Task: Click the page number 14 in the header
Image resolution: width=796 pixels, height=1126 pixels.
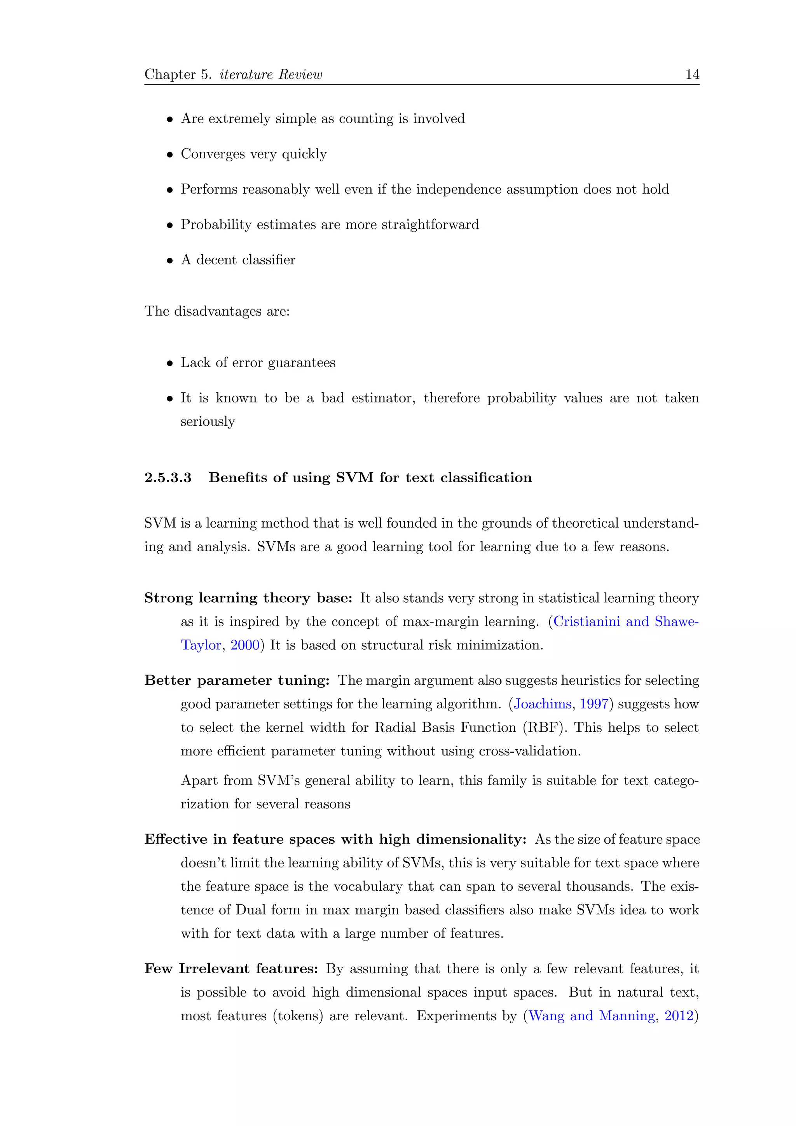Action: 692,75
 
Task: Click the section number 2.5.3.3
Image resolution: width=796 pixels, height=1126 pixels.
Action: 168,478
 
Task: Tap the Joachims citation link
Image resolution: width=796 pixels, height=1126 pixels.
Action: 543,704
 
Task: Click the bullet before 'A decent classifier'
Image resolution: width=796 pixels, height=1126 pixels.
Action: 169,261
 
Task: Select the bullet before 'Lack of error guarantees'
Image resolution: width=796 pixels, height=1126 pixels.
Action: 169,364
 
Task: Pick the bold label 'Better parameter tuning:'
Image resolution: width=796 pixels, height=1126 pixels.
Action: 237,681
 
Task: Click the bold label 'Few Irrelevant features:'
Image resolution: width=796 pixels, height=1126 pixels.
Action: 231,969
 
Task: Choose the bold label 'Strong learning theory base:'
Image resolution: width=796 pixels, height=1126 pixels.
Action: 248,598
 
